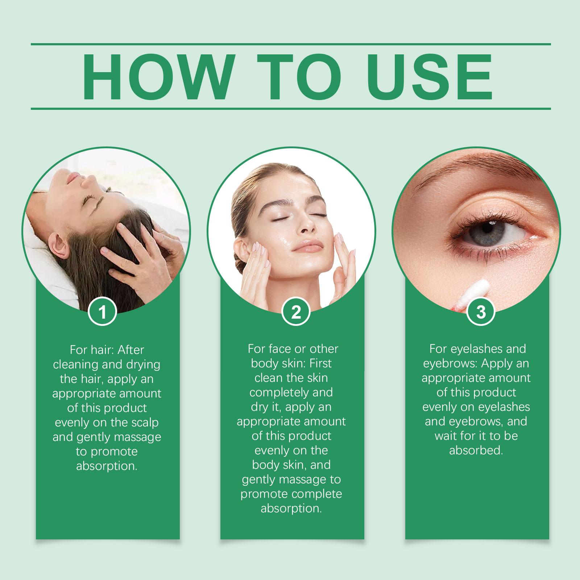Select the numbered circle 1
click(103, 312)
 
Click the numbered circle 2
click(296, 312)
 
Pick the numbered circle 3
click(481, 312)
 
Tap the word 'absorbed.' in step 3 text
click(476, 451)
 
